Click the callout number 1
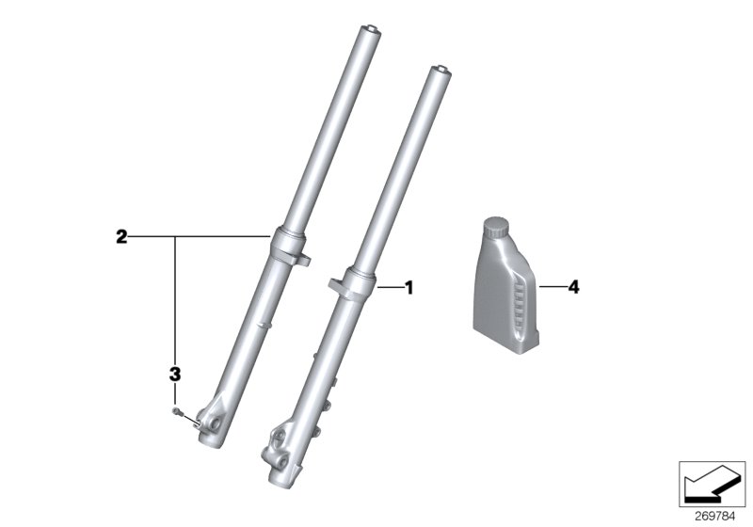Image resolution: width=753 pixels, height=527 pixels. pyautogui.click(x=409, y=287)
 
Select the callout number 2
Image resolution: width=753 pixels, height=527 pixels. pyautogui.click(x=121, y=237)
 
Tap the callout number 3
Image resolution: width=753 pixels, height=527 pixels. pyautogui.click(x=175, y=375)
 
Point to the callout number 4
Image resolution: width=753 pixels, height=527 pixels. pyautogui.click(x=573, y=287)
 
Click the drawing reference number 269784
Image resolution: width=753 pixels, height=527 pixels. pyautogui.click(x=713, y=516)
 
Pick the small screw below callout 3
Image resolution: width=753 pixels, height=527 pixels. pyautogui.click(x=176, y=410)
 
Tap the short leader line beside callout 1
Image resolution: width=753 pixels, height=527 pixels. pyautogui.click(x=391, y=287)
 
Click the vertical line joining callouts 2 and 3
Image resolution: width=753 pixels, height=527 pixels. pyautogui.click(x=175, y=301)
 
